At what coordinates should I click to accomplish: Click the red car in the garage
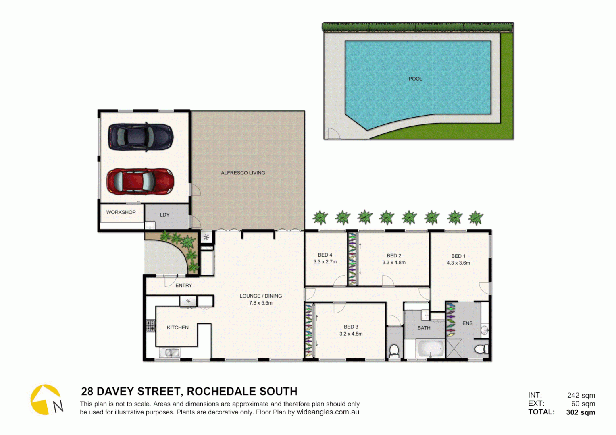140,181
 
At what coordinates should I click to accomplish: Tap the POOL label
415,79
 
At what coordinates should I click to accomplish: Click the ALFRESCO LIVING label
243,173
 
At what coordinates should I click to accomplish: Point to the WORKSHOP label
121,212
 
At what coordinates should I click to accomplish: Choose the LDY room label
164,215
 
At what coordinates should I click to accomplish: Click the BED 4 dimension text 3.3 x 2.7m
325,262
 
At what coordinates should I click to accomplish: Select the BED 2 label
394,255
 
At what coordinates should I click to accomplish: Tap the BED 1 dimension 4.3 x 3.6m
458,263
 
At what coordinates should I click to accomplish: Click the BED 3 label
351,327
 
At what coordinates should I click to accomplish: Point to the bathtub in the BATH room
431,349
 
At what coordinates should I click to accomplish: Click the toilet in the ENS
480,348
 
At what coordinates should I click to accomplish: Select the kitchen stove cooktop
150,325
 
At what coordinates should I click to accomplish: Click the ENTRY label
183,285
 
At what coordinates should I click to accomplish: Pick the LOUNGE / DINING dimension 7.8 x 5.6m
260,303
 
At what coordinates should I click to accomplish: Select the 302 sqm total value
580,412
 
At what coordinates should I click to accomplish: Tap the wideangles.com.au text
328,412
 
